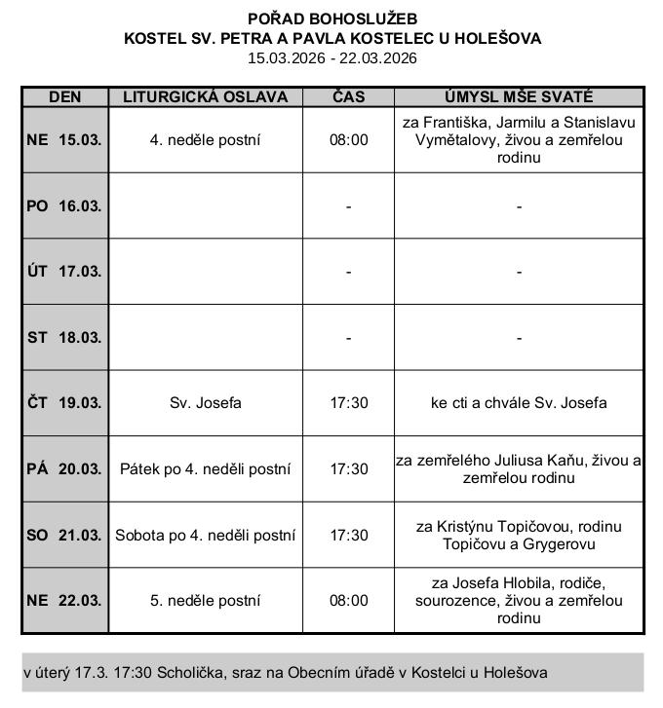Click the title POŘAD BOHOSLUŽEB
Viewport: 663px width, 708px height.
[x=332, y=19]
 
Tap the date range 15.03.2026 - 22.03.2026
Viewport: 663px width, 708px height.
[x=332, y=58]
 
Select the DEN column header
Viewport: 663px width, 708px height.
[x=64, y=97]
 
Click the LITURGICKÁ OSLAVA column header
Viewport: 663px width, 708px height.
[x=205, y=97]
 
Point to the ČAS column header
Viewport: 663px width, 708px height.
[x=348, y=97]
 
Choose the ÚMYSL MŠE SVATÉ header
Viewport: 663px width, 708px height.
[x=519, y=97]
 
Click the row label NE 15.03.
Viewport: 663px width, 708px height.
[x=64, y=139]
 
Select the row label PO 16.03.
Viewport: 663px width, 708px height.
[x=64, y=205]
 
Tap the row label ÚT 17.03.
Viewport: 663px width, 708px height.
[x=64, y=272]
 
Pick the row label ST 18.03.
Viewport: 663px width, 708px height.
[x=64, y=337]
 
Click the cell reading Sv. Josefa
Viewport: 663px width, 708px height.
[x=205, y=403]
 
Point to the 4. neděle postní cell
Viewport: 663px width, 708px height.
[x=205, y=139]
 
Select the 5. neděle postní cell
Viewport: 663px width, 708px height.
[x=205, y=601]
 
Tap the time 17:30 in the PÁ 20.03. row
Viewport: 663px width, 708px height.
[x=348, y=469]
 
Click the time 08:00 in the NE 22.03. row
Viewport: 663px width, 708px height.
[x=348, y=601]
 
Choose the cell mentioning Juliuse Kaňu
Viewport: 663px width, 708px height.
[x=519, y=469]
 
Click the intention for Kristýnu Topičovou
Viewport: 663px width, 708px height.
[x=519, y=535]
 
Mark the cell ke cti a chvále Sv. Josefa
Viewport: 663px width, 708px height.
[x=519, y=403]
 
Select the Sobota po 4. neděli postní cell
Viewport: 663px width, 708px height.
[x=205, y=535]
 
